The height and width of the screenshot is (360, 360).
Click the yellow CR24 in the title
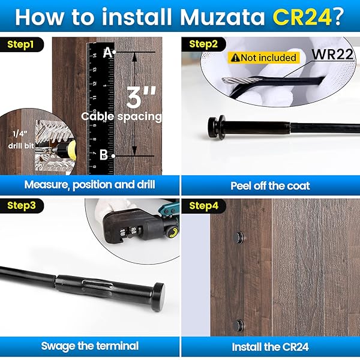pyautogui.click(x=302, y=17)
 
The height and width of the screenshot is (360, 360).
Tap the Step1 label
pyautogui.click(x=20, y=44)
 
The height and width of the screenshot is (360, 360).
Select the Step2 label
pyautogui.click(x=203, y=44)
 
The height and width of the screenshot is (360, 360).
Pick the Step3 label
pyautogui.click(x=22, y=205)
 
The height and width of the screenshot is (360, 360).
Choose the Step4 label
pyautogui.click(x=203, y=206)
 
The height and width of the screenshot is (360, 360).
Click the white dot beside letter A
pyautogui.click(x=114, y=52)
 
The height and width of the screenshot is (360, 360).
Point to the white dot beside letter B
pyautogui.click(x=113, y=156)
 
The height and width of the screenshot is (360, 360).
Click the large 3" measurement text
pyautogui.click(x=141, y=97)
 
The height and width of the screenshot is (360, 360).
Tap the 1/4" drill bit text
pyautogui.click(x=20, y=140)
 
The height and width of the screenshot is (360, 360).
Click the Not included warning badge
pyautogui.click(x=263, y=58)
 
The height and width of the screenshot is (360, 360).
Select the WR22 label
pyautogui.click(x=332, y=55)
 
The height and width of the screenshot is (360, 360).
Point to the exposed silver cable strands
pyautogui.click(x=241, y=80)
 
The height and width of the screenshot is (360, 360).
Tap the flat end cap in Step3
pyautogui.click(x=158, y=297)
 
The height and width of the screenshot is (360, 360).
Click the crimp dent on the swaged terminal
pyautogui.click(x=98, y=284)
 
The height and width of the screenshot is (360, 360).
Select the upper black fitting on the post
pyautogui.click(x=238, y=238)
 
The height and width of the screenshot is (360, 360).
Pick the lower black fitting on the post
pyautogui.click(x=238, y=326)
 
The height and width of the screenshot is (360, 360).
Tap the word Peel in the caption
pyautogui.click(x=241, y=185)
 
